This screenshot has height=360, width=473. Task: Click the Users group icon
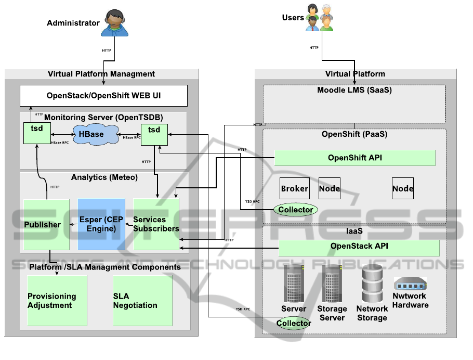(x=319, y=18)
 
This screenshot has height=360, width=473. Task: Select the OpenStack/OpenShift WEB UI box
(x=103, y=96)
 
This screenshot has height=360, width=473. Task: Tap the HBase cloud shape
(x=91, y=134)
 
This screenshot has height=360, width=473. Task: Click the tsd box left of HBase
(x=36, y=133)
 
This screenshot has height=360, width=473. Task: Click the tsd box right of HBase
(x=154, y=134)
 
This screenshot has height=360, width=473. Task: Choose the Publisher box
(x=47, y=224)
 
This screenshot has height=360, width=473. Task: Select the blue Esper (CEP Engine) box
(x=101, y=224)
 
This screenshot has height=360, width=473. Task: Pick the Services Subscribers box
(x=156, y=224)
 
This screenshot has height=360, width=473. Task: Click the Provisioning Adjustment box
(x=57, y=301)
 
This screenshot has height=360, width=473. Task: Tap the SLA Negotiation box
(x=142, y=301)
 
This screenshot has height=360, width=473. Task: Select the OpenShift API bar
(x=354, y=158)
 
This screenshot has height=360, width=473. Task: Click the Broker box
(x=294, y=189)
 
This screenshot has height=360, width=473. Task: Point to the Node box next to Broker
(x=329, y=189)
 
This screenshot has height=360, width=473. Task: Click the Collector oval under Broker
(x=296, y=210)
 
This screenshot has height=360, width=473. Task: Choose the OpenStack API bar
(x=359, y=247)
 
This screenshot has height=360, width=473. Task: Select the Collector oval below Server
(x=294, y=323)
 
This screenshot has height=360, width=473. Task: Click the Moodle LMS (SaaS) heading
(x=354, y=90)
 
